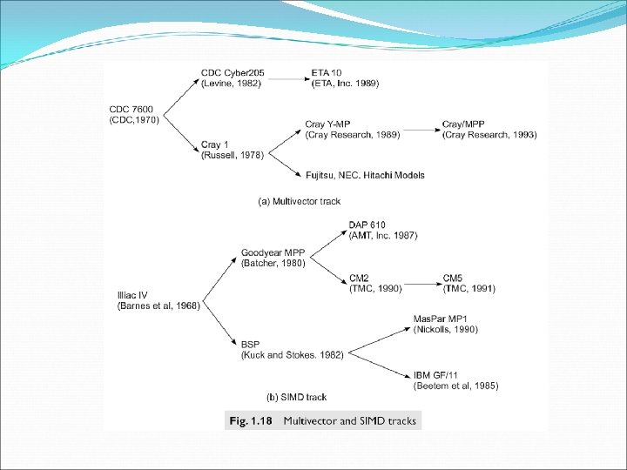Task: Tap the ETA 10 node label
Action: [x=345, y=77]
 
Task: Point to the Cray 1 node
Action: [x=233, y=149]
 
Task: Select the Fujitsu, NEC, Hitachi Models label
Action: [x=365, y=175]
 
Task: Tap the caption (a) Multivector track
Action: [x=299, y=201]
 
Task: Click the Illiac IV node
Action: [x=158, y=299]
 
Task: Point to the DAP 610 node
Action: [x=382, y=230]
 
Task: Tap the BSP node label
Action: [x=293, y=349]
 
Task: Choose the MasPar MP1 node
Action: [x=445, y=324]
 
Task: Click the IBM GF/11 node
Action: [x=455, y=380]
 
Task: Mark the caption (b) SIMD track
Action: [x=297, y=397]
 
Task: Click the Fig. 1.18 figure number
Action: [x=250, y=421]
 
